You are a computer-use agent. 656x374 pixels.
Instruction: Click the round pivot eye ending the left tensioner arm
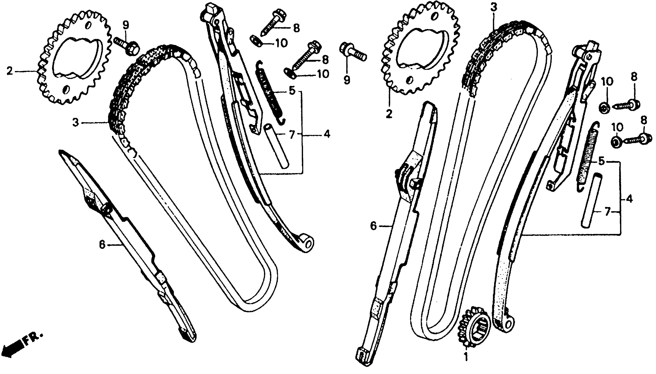307,243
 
